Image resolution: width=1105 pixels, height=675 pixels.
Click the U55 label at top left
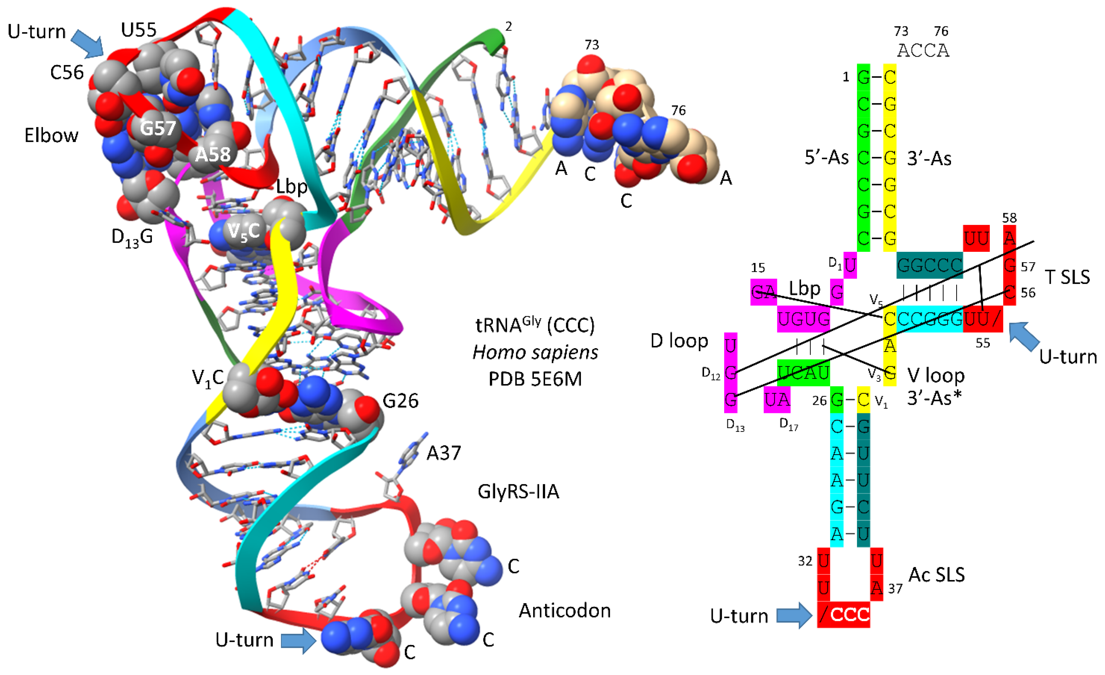point(139,30)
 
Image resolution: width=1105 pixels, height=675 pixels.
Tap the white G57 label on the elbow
point(158,128)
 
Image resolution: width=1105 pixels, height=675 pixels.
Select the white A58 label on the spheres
point(213,155)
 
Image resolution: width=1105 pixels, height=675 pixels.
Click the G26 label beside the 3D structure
point(400,401)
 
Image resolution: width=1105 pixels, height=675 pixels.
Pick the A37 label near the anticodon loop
point(444,453)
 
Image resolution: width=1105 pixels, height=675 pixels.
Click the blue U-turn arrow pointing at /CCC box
point(794,615)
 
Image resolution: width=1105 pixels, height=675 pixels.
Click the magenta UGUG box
point(803,319)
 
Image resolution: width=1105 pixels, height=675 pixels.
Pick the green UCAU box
point(803,373)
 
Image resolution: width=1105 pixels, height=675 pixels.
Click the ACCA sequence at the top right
point(923,51)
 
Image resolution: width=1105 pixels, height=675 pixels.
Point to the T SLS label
point(1067,277)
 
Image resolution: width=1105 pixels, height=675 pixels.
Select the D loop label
point(679,341)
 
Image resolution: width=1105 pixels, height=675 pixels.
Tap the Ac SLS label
point(937,575)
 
